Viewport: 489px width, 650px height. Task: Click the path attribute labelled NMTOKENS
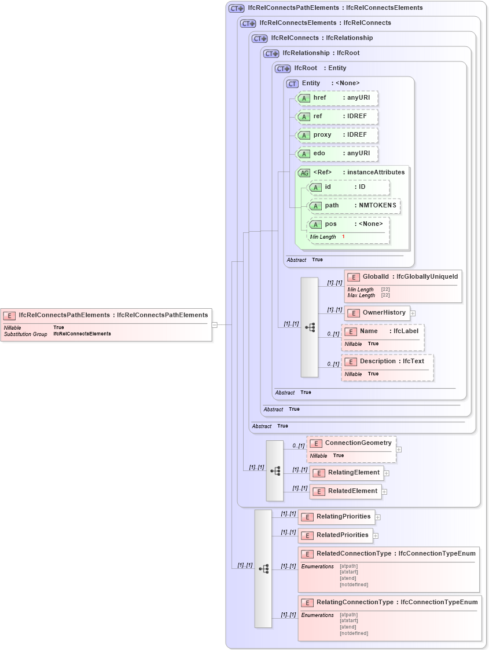[x=354, y=206]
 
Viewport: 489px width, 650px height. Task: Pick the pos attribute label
[x=330, y=224]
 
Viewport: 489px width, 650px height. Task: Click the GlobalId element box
[x=403, y=277]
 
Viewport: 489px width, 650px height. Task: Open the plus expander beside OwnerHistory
[x=413, y=313]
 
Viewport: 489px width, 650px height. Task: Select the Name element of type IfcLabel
[x=383, y=331]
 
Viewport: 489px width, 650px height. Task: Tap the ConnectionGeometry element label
[x=358, y=443]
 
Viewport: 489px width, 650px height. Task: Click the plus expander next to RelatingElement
[x=387, y=473]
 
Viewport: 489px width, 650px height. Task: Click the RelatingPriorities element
[x=336, y=517]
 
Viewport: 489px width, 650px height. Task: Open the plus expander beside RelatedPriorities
[x=376, y=535]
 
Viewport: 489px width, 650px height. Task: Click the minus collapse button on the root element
[x=215, y=324]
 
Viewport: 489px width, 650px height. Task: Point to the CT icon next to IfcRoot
[x=282, y=68]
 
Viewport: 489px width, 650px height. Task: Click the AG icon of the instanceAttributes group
[x=304, y=173]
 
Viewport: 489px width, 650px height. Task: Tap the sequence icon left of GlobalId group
[x=310, y=327]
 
